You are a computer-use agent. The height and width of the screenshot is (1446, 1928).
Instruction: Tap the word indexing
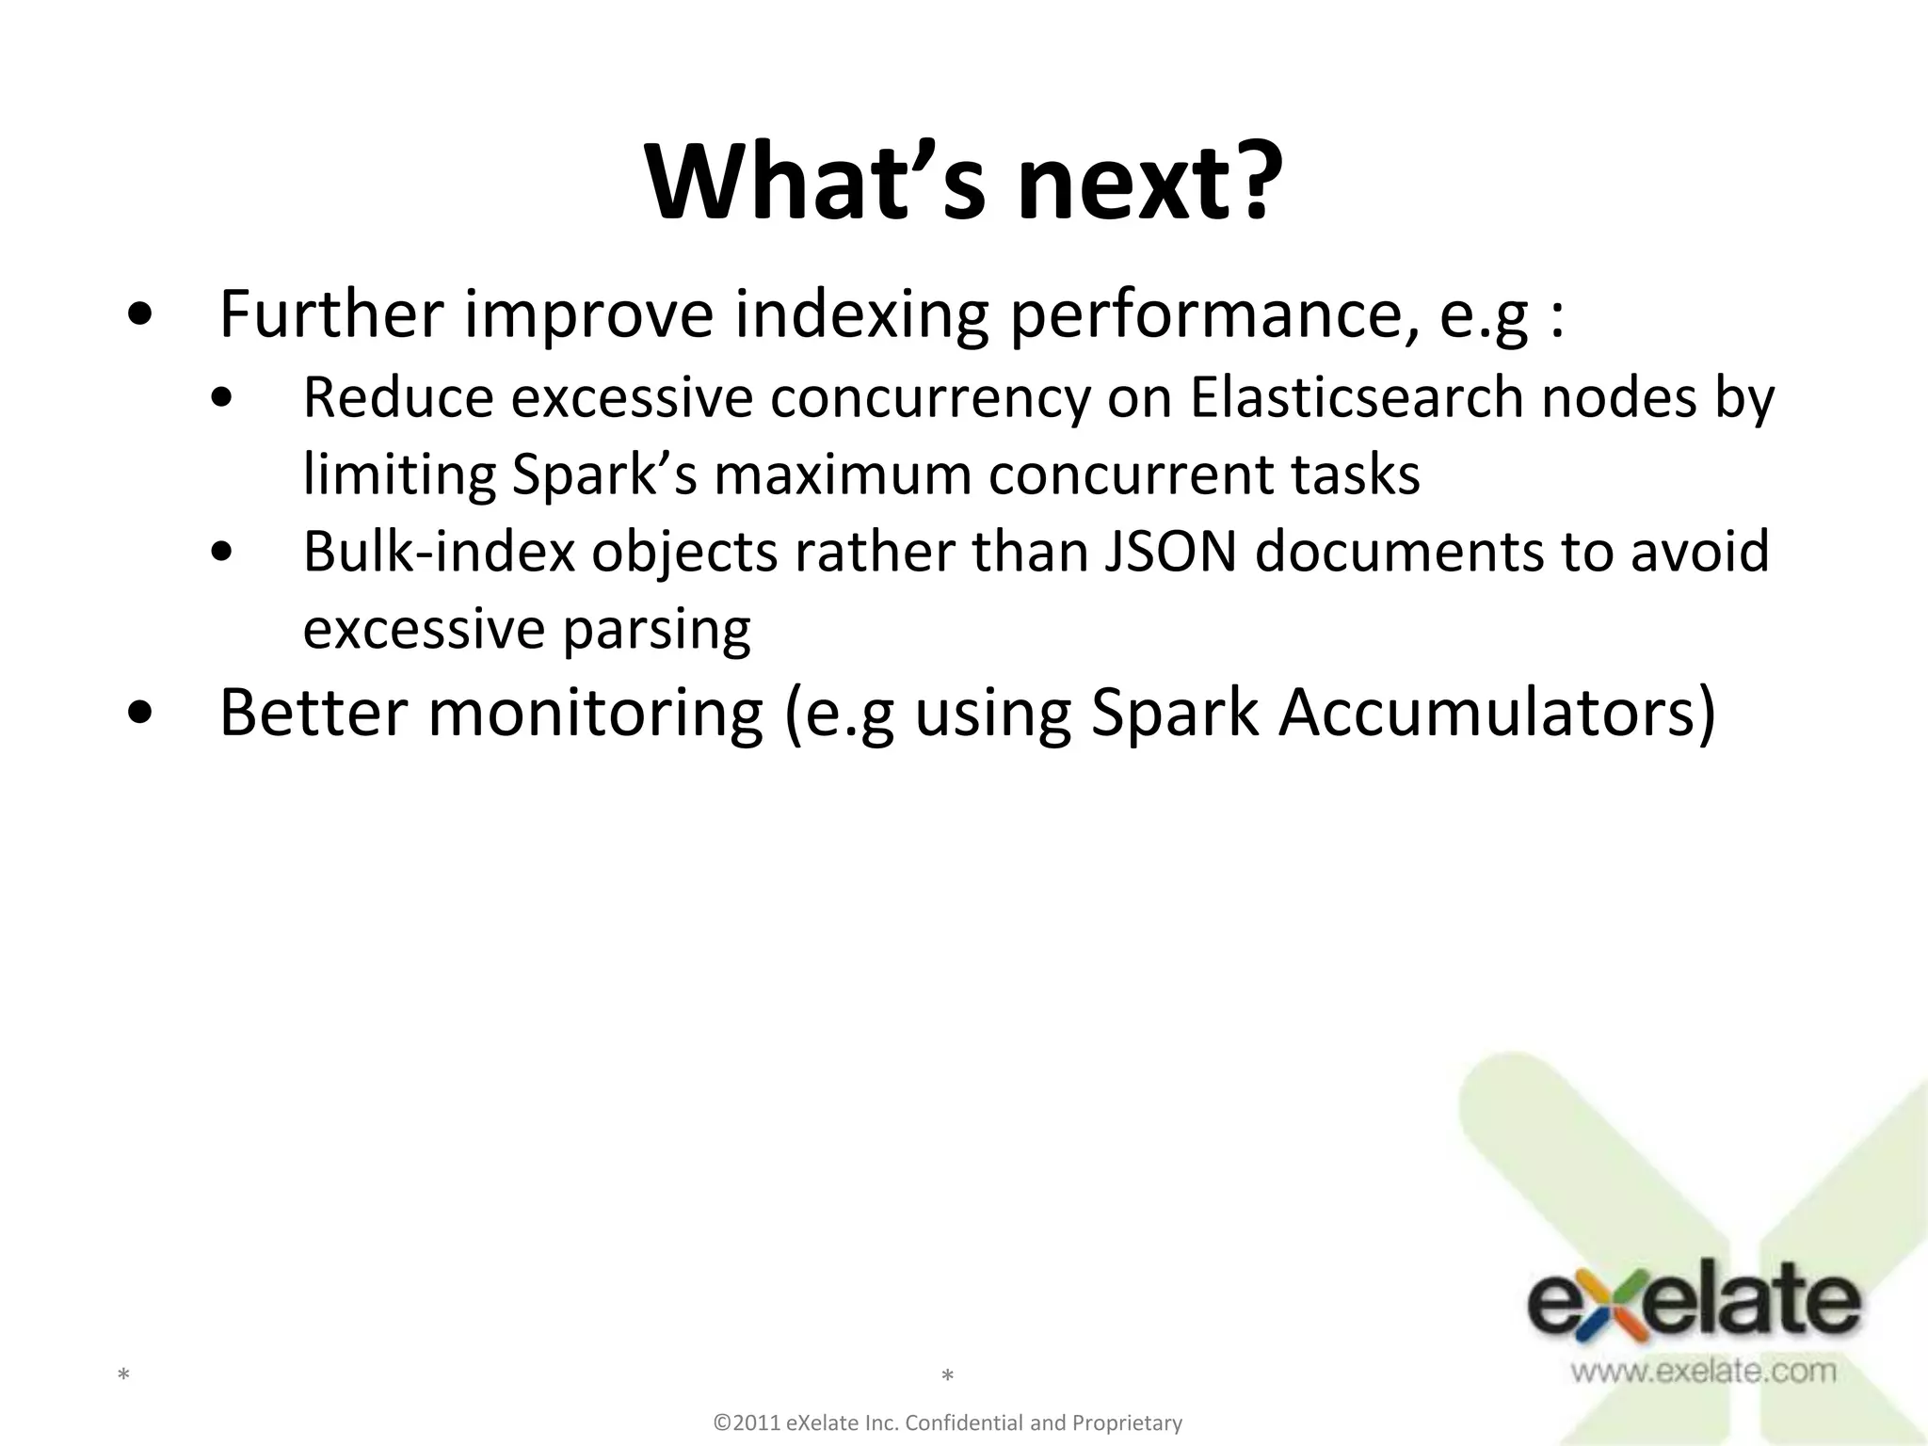click(861, 316)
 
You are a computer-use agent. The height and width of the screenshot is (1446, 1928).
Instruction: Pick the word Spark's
click(603, 475)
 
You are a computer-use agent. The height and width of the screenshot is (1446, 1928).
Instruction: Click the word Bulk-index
click(439, 552)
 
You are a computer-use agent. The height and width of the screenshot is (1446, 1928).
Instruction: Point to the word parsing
click(656, 630)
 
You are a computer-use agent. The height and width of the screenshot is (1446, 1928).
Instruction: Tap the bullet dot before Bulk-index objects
click(223, 554)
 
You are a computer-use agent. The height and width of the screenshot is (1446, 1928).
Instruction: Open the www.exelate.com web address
click(1703, 1370)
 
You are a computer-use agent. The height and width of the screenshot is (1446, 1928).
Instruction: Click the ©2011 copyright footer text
click(948, 1422)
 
